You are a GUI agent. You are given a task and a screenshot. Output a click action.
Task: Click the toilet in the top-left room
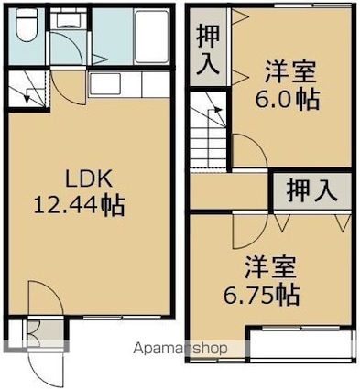[27, 25]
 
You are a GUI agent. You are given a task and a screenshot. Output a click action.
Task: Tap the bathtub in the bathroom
[152, 37]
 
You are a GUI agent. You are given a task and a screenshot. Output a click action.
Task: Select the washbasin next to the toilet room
[69, 19]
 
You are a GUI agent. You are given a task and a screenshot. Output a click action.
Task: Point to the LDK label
[89, 179]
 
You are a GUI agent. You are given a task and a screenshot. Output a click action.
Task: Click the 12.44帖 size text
[79, 206]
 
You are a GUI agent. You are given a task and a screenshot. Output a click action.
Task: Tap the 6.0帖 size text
[288, 100]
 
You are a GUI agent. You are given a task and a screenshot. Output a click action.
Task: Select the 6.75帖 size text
[261, 296]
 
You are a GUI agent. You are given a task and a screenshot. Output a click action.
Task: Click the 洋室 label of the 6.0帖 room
[289, 72]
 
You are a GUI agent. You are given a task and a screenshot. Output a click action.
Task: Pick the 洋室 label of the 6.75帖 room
[270, 267]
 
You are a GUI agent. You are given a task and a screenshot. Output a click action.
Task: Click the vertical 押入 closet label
[208, 49]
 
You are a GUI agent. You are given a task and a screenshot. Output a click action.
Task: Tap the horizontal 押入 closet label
[311, 191]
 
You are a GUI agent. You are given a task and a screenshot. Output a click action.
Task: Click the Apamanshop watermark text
[180, 349]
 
